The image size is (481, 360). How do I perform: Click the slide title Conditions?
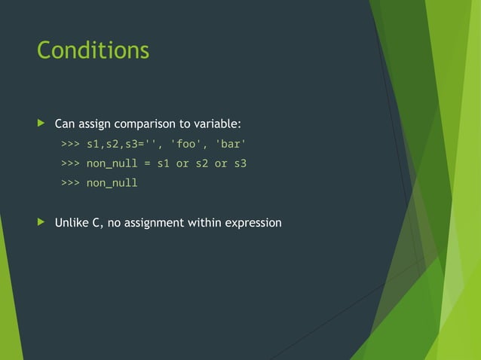(93, 50)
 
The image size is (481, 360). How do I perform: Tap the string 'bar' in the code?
(231, 143)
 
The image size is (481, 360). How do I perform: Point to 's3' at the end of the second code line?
(240, 163)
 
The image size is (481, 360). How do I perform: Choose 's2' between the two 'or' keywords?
(201, 163)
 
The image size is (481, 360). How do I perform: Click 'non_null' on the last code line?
(112, 183)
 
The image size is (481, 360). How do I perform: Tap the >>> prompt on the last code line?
(70, 183)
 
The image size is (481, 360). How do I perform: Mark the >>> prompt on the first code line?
(70, 143)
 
